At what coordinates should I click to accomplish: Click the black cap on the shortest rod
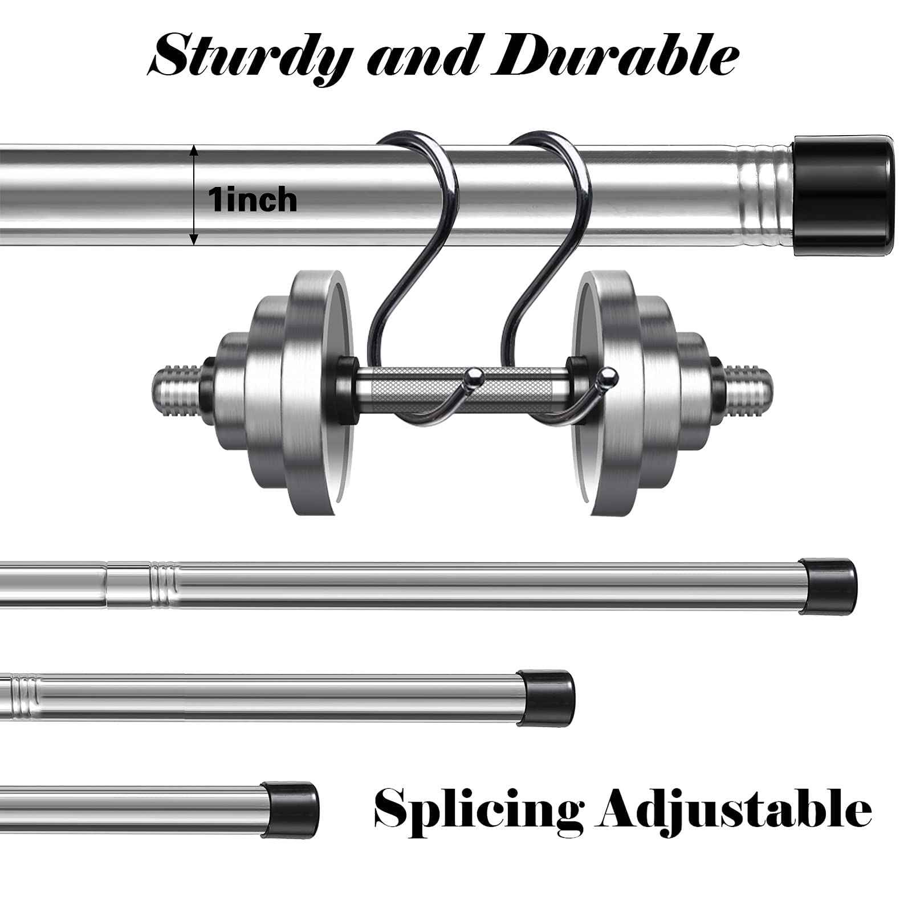[x=291, y=809]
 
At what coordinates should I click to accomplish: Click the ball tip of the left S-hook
[x=475, y=377]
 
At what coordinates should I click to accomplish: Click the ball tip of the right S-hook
[x=609, y=377]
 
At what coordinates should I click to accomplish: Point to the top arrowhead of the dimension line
[x=194, y=151]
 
